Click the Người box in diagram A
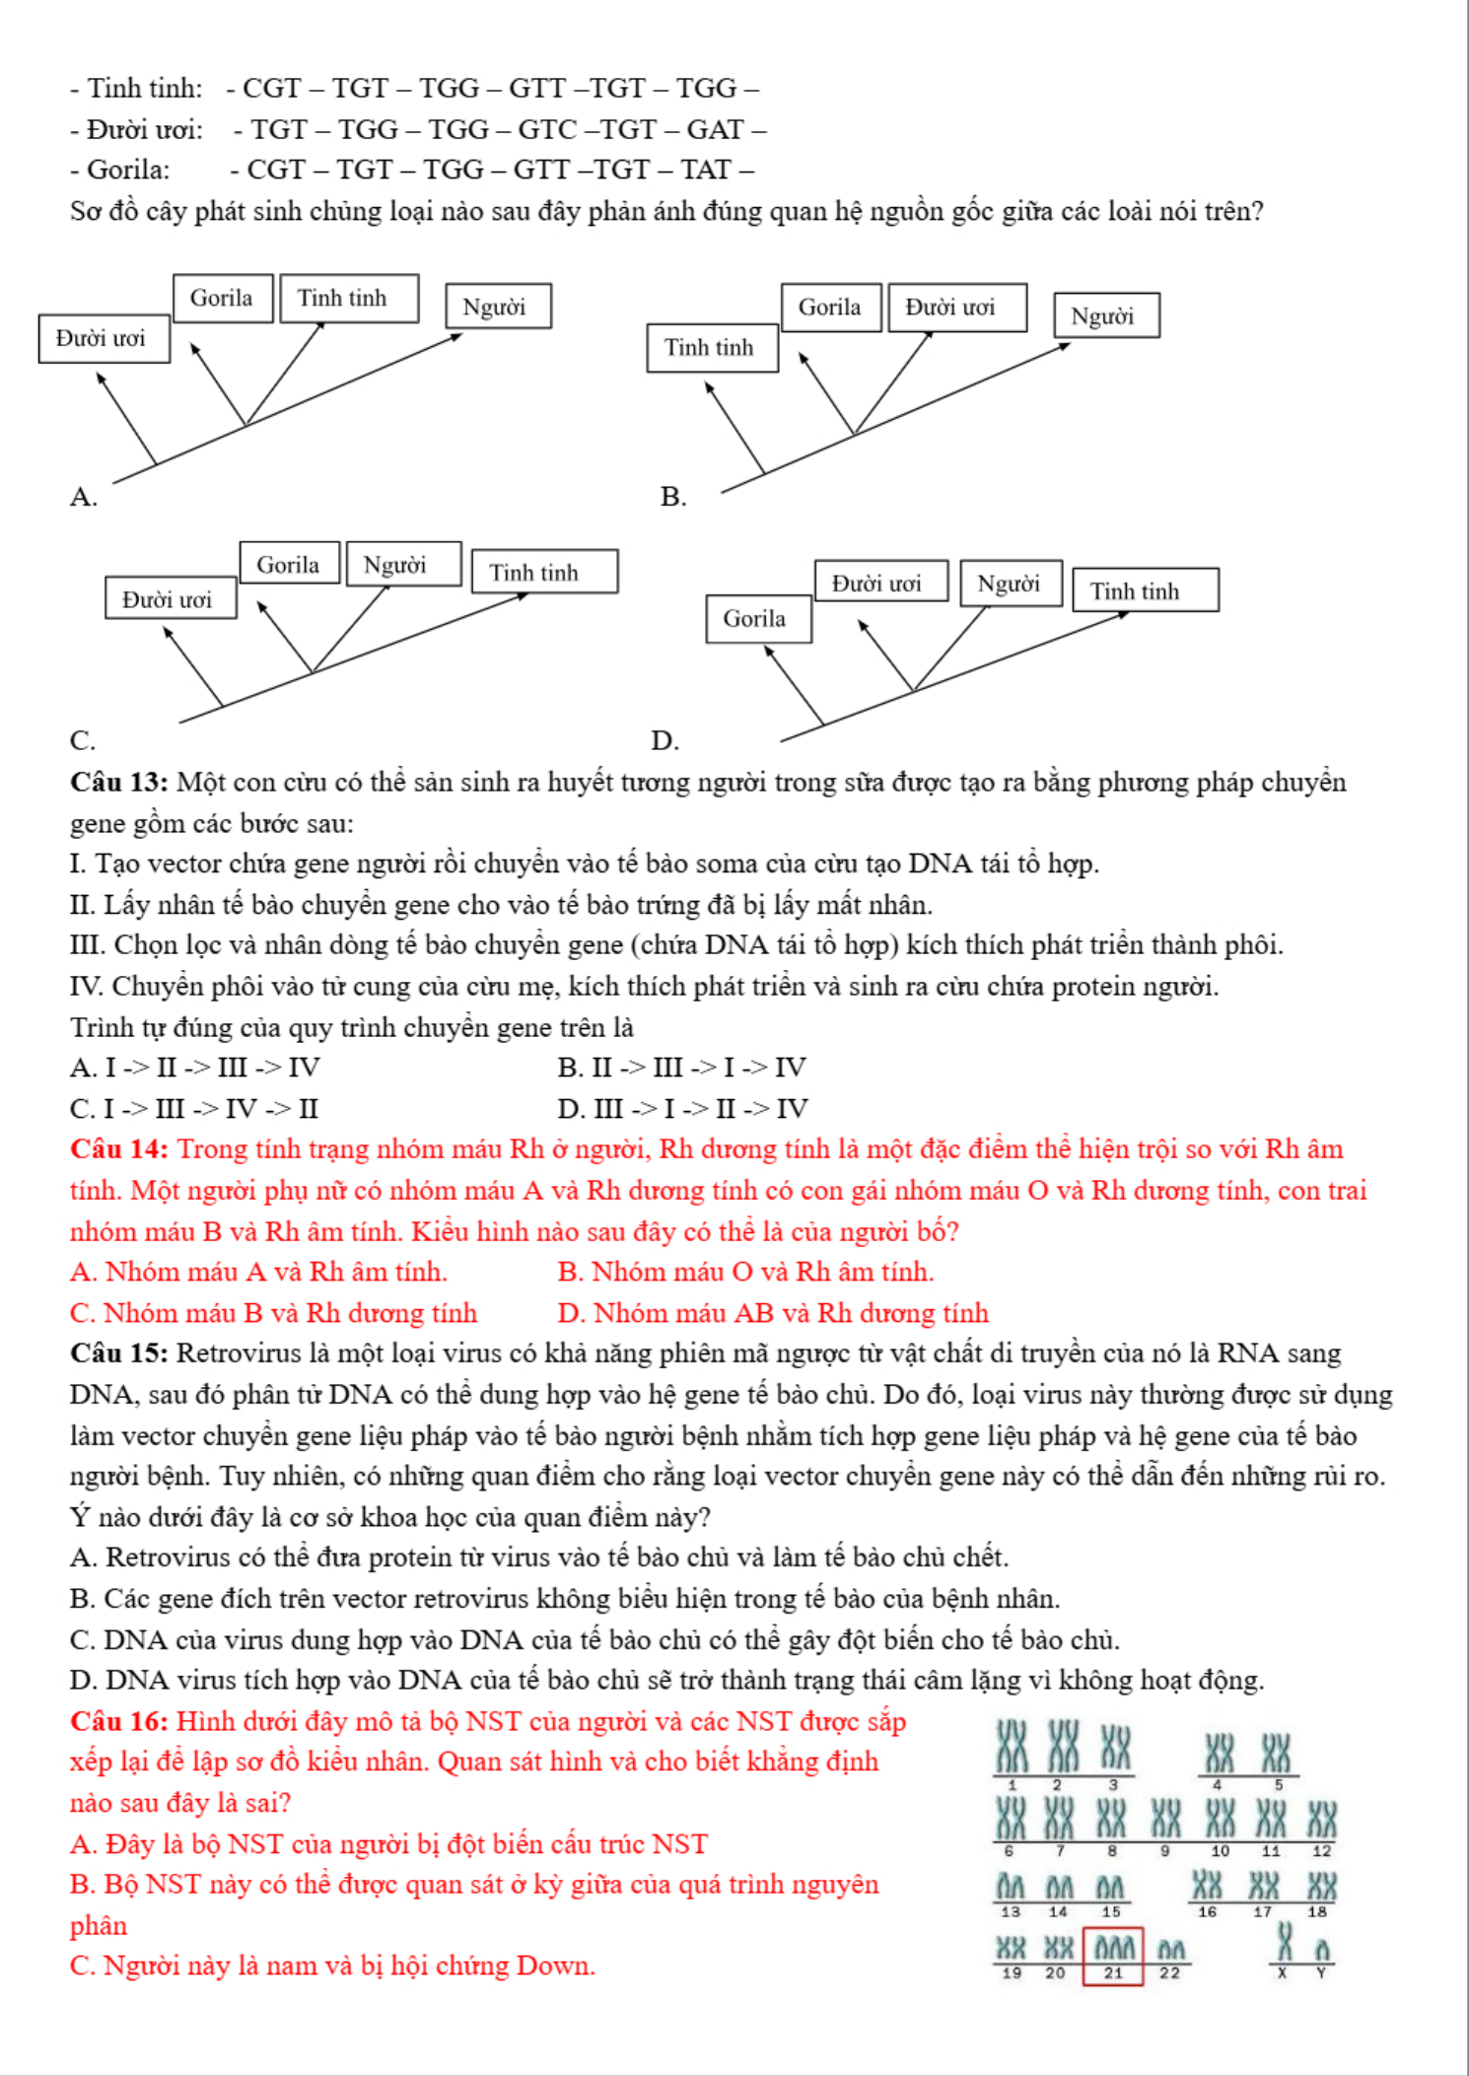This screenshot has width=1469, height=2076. [498, 307]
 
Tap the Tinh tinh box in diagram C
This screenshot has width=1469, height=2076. [544, 572]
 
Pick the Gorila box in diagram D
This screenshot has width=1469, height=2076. [758, 619]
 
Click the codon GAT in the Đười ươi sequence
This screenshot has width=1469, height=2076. [715, 129]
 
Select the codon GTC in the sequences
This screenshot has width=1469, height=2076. [547, 129]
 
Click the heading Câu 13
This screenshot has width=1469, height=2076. [119, 782]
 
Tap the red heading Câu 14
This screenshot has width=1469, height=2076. [119, 1148]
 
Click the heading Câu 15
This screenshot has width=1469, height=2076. [119, 1352]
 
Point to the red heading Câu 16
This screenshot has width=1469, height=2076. [119, 1721]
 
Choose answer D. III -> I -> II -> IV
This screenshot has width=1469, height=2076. [682, 1108]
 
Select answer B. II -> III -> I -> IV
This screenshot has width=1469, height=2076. [682, 1067]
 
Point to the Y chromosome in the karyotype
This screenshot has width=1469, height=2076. [1322, 1951]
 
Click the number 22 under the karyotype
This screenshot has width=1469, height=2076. [1170, 1972]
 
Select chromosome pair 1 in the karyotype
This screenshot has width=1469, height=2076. [1012, 1747]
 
